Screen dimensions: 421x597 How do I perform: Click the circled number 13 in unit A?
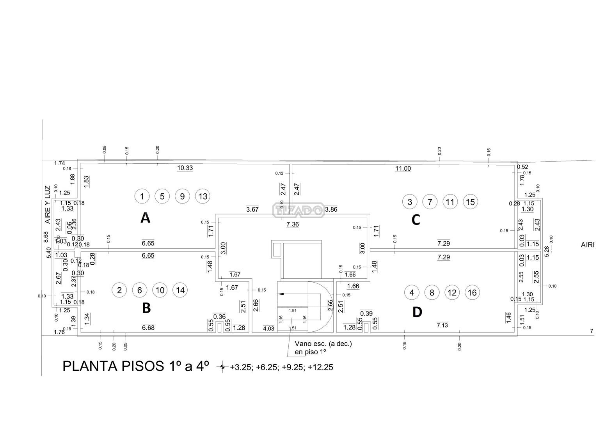pyautogui.click(x=203, y=196)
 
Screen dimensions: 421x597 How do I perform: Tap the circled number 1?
pyautogui.click(x=142, y=196)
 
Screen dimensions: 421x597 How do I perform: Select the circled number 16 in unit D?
pyautogui.click(x=472, y=292)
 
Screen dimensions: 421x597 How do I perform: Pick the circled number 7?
pyautogui.click(x=430, y=202)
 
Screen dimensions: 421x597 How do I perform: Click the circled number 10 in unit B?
pyautogui.click(x=160, y=290)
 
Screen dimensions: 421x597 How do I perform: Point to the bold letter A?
pyautogui.click(x=145, y=218)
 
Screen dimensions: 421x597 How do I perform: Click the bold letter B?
pyautogui.click(x=146, y=308)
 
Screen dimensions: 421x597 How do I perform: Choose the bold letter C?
pyautogui.click(x=416, y=220)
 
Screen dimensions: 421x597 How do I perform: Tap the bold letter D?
pyautogui.click(x=417, y=312)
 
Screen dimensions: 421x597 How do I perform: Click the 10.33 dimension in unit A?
pyautogui.click(x=185, y=168)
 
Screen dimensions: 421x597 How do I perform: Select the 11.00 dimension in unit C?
pyautogui.click(x=403, y=168)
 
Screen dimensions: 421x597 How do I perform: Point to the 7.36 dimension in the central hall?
pyautogui.click(x=292, y=224)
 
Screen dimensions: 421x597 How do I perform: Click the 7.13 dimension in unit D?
pyautogui.click(x=442, y=325)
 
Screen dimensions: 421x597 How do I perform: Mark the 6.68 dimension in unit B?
pyautogui.click(x=148, y=327)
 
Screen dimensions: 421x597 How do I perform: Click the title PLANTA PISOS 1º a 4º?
pyautogui.click(x=136, y=366)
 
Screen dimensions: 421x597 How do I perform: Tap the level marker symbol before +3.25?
pyautogui.click(x=222, y=367)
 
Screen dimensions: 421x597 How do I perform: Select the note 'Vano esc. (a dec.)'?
pyautogui.click(x=323, y=344)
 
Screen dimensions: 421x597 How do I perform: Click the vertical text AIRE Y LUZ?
pyautogui.click(x=48, y=204)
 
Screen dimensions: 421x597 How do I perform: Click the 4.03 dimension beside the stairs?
pyautogui.click(x=269, y=328)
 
